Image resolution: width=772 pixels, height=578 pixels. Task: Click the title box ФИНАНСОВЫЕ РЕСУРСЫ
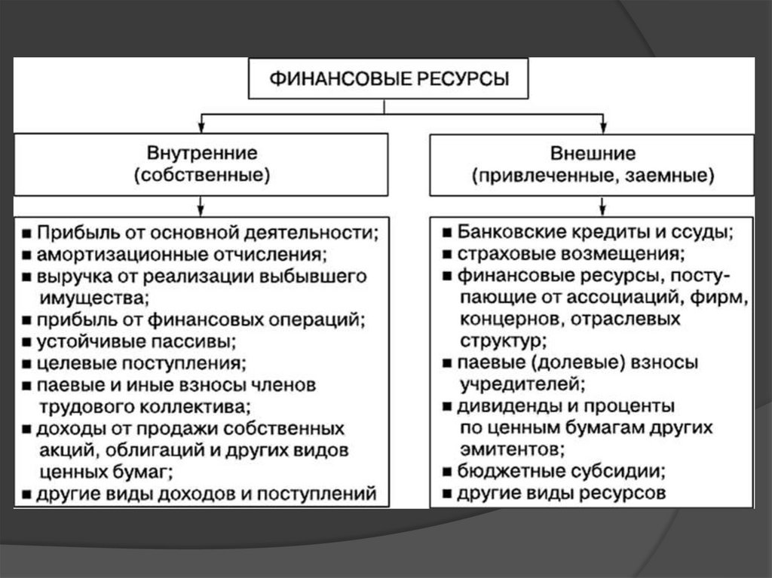(x=388, y=78)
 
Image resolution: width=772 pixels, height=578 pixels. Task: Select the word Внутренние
(x=201, y=154)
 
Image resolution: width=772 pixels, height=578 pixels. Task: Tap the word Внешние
(x=593, y=154)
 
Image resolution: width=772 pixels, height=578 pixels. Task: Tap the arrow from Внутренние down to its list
(x=201, y=205)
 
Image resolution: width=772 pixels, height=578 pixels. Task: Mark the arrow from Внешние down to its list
(x=602, y=205)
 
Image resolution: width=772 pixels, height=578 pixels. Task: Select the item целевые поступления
(x=142, y=363)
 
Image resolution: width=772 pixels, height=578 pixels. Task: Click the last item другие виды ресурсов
(x=561, y=494)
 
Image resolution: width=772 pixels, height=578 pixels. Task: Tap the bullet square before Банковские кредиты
(x=447, y=232)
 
